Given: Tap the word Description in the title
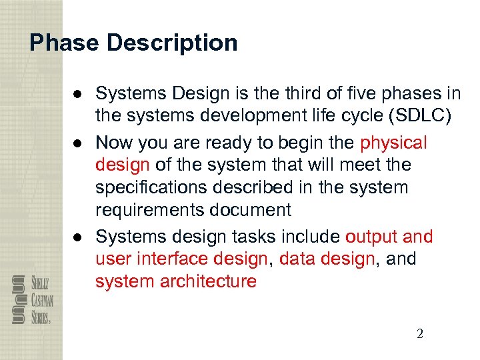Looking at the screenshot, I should point(171,43).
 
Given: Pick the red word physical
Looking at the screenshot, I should point(393,143).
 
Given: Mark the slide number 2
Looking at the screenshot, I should point(419,334).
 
